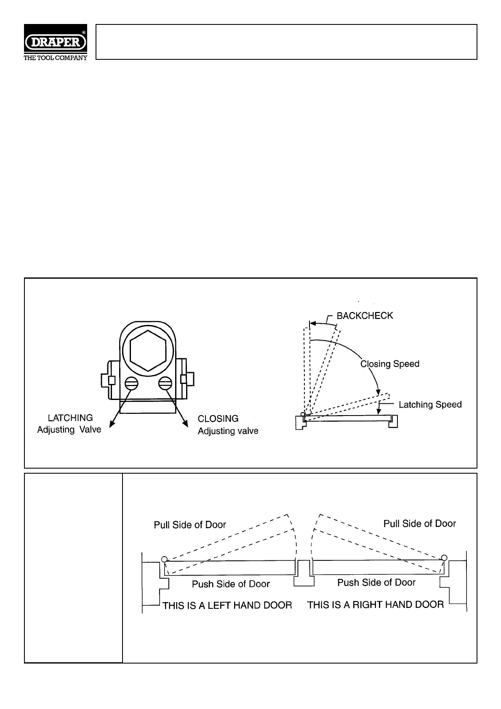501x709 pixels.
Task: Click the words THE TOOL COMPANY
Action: (x=56, y=58)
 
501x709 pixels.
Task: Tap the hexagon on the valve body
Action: (x=148, y=350)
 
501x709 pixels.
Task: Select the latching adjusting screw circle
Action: (x=131, y=383)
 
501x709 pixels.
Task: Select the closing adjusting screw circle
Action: (x=165, y=383)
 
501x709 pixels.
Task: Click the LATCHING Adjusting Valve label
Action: (x=69, y=424)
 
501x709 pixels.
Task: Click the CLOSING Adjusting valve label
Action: (x=228, y=424)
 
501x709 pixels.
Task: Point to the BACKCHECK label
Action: (x=365, y=316)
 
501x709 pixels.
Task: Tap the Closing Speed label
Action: (x=390, y=364)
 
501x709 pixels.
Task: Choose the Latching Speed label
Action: (x=430, y=405)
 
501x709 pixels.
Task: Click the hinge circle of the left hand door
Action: (x=165, y=559)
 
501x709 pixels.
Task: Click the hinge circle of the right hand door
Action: (x=444, y=558)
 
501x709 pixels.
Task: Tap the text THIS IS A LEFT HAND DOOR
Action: (x=227, y=605)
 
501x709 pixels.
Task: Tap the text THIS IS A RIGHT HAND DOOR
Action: (x=376, y=605)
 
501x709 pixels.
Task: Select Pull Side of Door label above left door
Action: (x=190, y=525)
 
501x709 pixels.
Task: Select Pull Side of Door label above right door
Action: (x=419, y=524)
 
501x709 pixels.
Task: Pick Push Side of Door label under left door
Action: (x=231, y=584)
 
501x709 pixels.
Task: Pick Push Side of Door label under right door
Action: (x=376, y=583)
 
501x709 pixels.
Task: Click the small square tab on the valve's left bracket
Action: (x=112, y=380)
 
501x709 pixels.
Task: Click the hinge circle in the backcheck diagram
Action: (x=303, y=414)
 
